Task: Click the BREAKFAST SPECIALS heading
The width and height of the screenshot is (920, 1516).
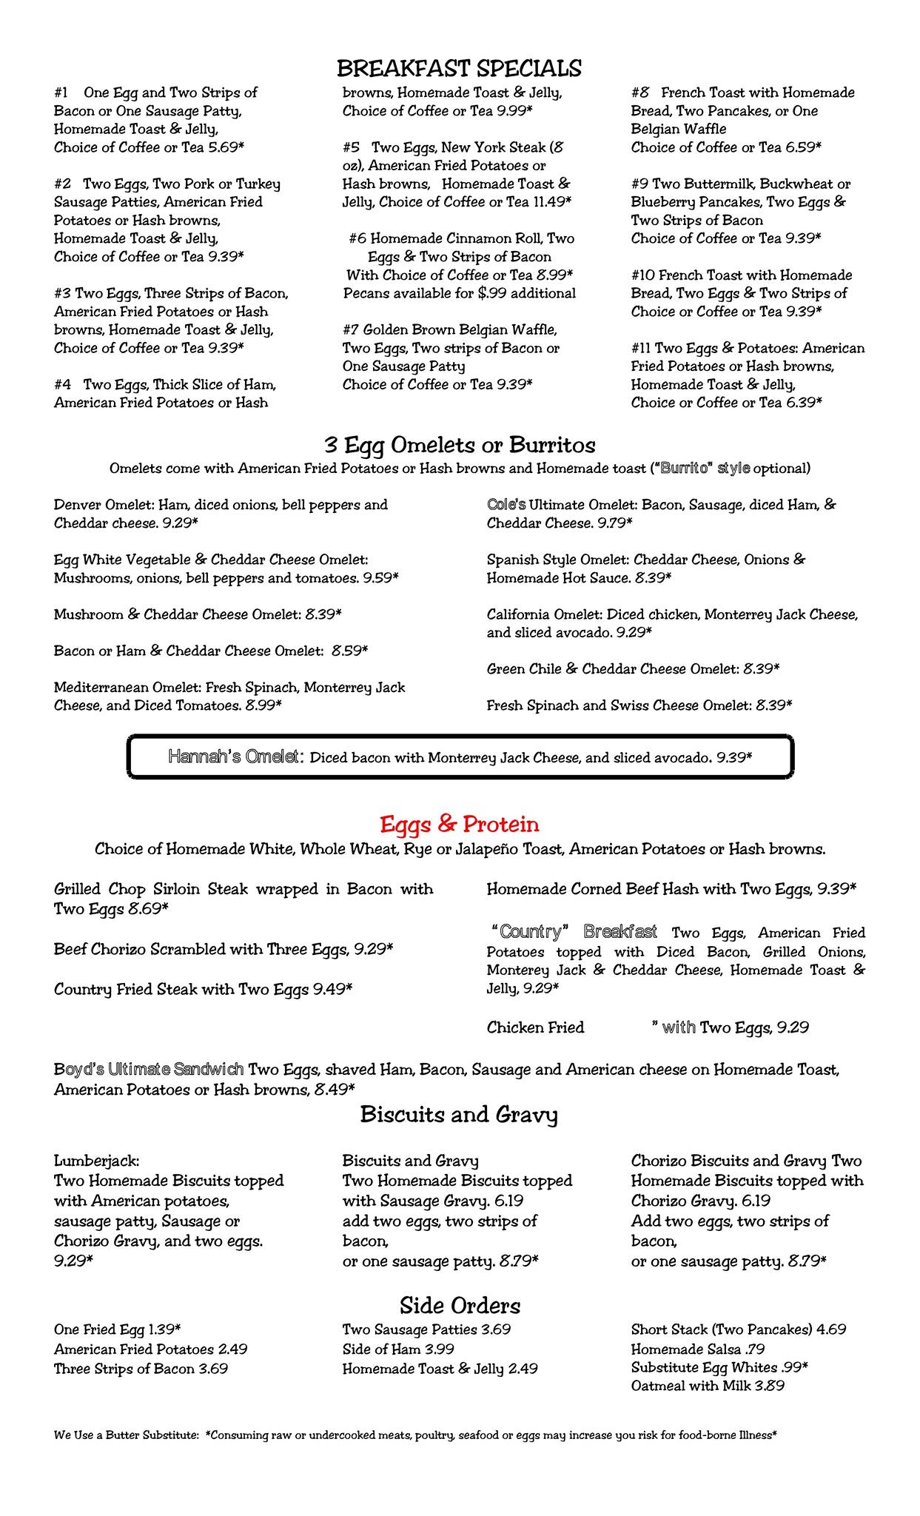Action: click(459, 69)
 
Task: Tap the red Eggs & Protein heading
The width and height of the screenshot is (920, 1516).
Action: click(459, 824)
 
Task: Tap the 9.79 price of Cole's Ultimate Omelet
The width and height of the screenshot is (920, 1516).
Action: click(613, 523)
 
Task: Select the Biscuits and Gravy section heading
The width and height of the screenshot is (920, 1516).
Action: click(459, 1115)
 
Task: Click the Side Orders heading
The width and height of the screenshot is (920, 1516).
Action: click(460, 1304)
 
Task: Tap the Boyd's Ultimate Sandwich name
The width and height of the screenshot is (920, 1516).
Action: click(149, 1070)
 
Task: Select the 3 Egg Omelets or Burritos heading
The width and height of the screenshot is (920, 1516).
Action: click(459, 446)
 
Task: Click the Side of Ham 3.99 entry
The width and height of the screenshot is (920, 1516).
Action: click(398, 1349)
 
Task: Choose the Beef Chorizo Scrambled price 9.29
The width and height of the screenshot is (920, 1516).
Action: click(372, 949)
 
